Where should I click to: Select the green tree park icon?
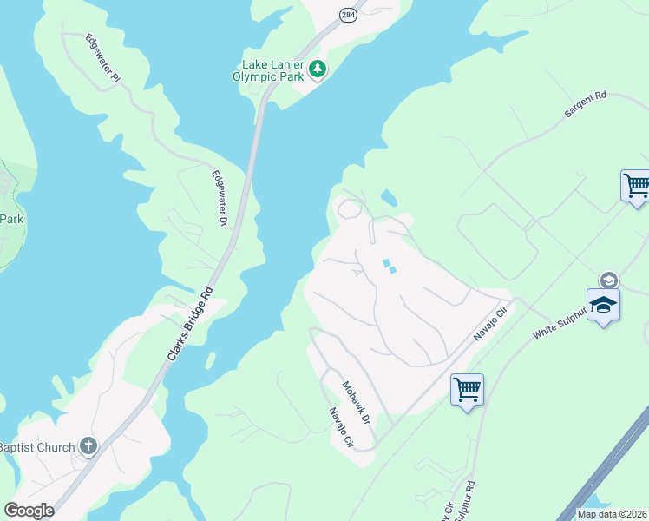[x=318, y=69]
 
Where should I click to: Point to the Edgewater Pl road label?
[x=102, y=58]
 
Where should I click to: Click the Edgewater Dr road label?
[x=219, y=199]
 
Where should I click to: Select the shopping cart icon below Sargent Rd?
[x=636, y=186]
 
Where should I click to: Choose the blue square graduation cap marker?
[x=603, y=306]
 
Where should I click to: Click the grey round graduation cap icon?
[x=608, y=280]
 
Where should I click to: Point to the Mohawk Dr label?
[x=356, y=401]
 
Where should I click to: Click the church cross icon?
[x=88, y=446]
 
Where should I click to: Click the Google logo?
[x=29, y=511]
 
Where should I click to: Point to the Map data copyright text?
[x=612, y=514]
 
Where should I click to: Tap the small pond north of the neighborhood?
[x=389, y=199]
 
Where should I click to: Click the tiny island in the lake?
[x=210, y=359]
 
